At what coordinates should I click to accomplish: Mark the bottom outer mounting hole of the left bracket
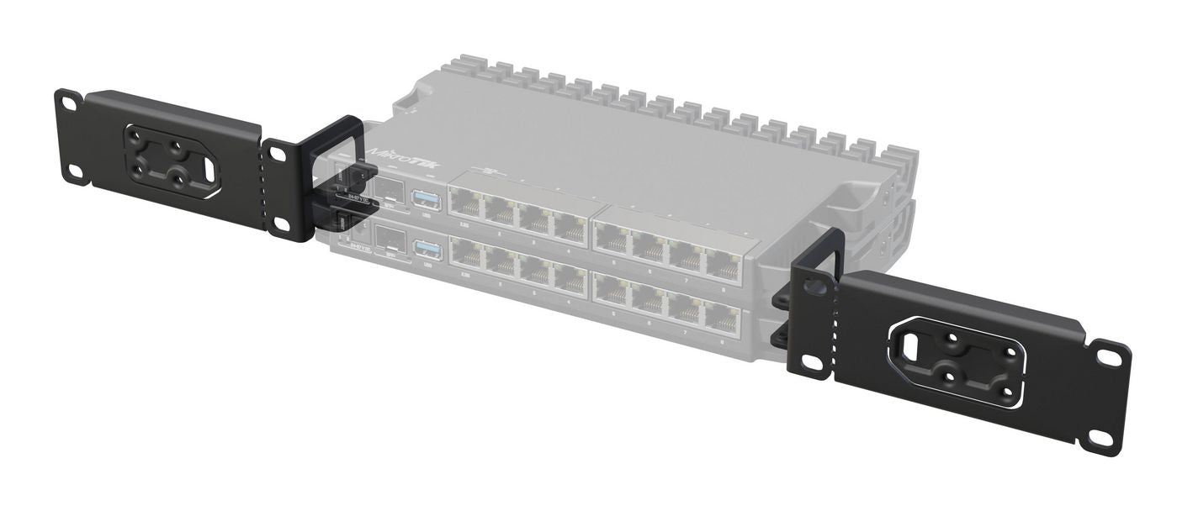coord(74,171)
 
